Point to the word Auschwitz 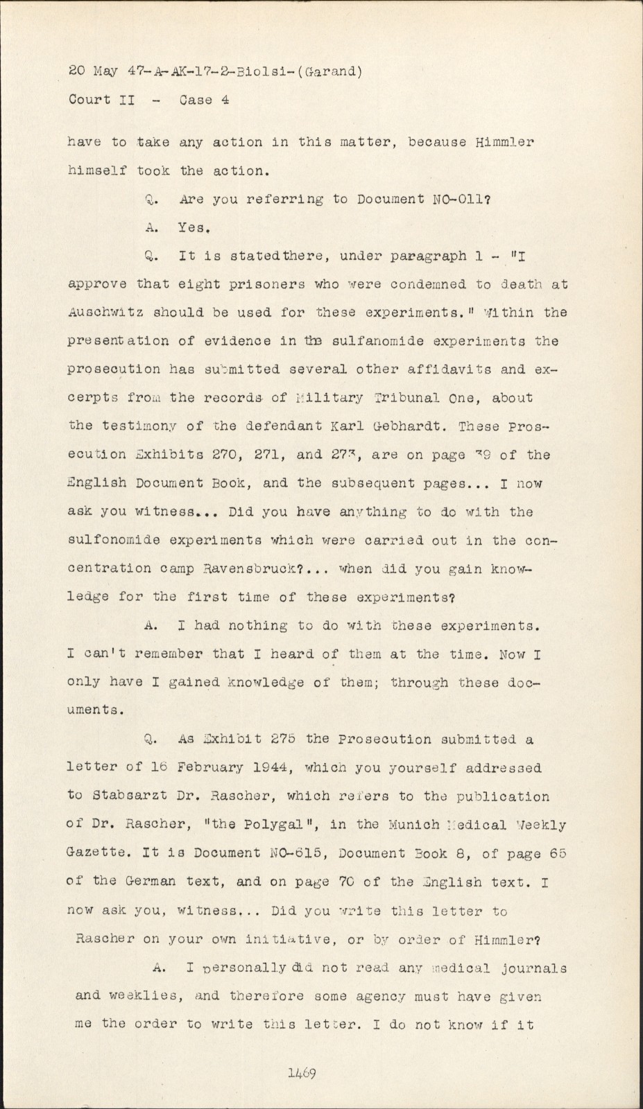pos(101,313)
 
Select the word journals pos(533,968)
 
